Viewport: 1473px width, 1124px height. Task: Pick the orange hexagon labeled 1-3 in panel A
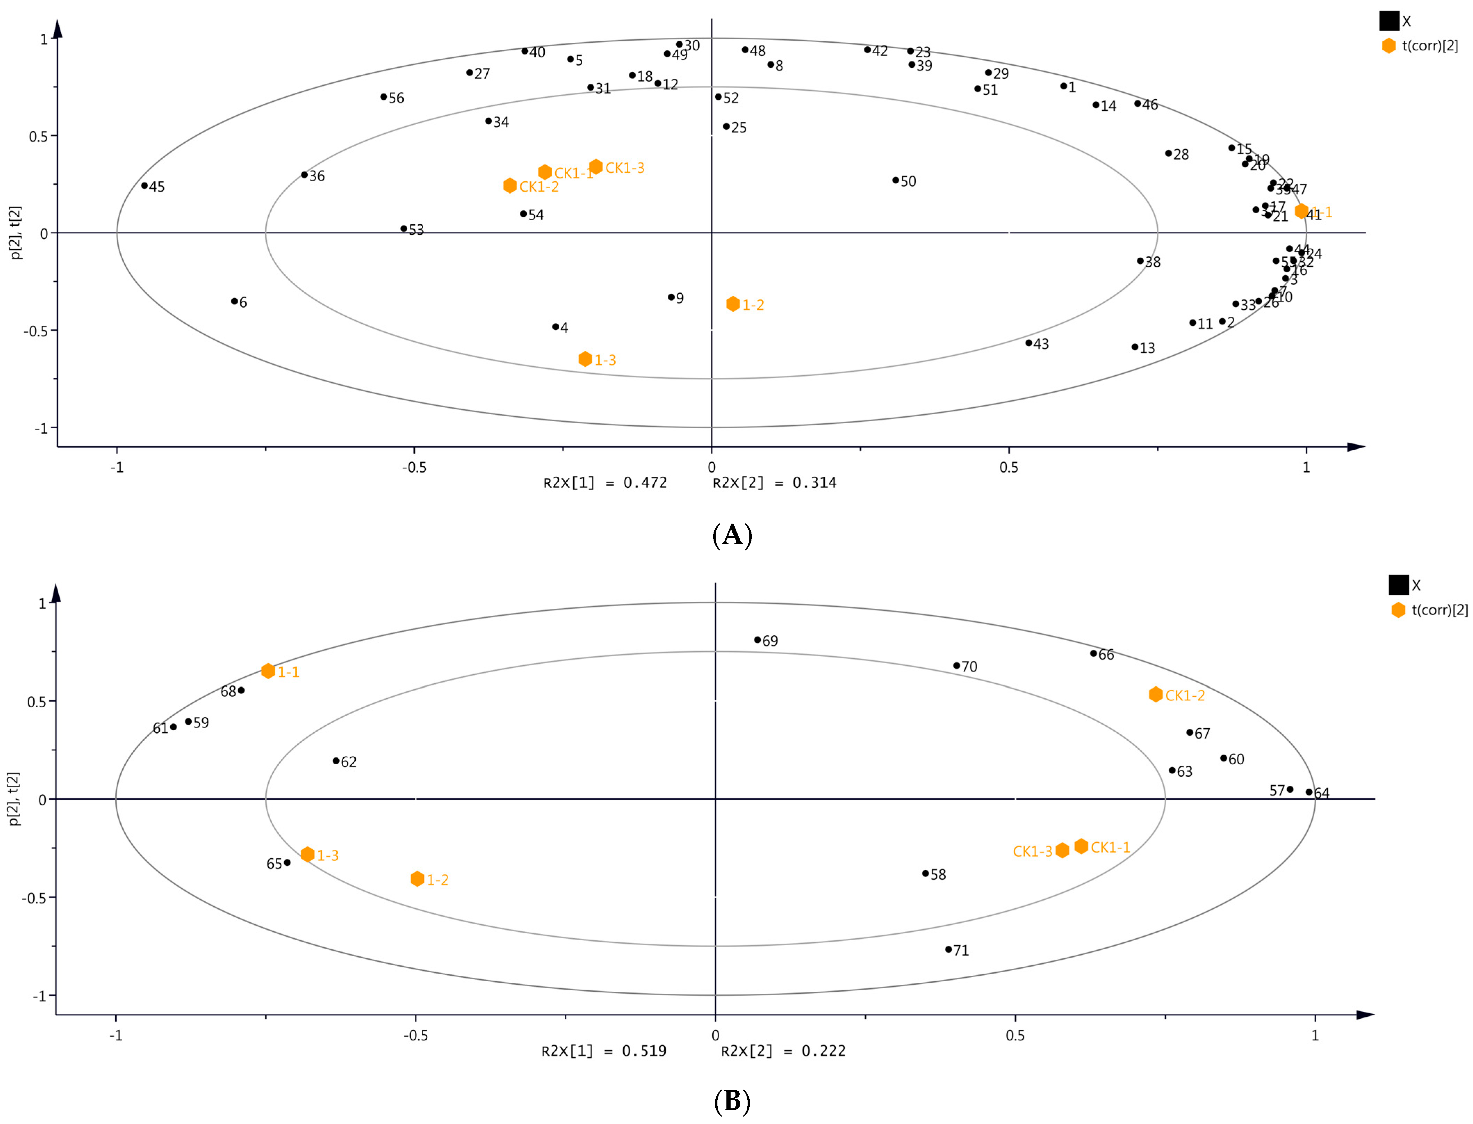click(x=585, y=359)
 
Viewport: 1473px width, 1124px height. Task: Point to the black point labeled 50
click(x=896, y=180)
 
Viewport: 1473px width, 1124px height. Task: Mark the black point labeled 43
click(x=1029, y=343)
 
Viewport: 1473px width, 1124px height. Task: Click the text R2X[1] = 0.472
click(x=605, y=483)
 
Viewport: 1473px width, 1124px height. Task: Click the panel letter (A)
click(x=732, y=536)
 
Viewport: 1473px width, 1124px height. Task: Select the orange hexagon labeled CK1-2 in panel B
click(x=1156, y=694)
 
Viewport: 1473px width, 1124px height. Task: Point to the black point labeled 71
click(x=948, y=949)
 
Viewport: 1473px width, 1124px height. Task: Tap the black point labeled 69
click(x=758, y=640)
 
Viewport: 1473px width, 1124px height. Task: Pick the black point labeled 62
click(x=336, y=761)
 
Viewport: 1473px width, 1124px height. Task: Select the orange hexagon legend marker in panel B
click(x=1398, y=609)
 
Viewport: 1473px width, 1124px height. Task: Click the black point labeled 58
click(x=925, y=873)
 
